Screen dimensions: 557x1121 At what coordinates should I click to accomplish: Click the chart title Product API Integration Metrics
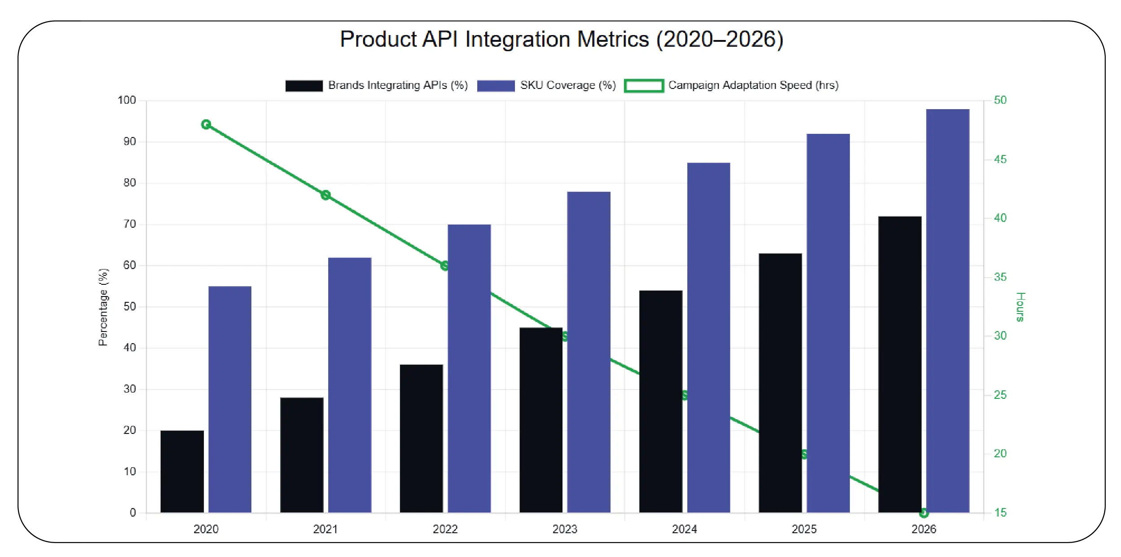pos(561,40)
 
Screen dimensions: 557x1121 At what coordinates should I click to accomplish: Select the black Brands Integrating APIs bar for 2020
pos(182,472)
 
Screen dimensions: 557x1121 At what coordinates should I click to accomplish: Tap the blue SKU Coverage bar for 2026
pos(947,310)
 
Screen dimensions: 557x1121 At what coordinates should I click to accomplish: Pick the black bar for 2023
pos(541,420)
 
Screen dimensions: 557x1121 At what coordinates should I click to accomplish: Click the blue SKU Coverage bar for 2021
pos(349,385)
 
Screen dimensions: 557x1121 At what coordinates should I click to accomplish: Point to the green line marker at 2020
pos(206,124)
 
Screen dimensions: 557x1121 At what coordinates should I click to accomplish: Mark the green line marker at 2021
pos(325,195)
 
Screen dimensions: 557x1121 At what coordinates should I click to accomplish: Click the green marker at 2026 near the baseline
pos(923,513)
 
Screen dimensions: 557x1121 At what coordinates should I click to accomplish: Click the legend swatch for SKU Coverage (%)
pos(496,86)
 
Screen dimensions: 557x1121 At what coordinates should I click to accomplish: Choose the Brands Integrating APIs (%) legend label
pos(398,85)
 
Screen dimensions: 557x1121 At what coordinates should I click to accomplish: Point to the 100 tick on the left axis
pos(127,100)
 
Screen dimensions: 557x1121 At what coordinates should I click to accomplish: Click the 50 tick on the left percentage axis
pos(129,306)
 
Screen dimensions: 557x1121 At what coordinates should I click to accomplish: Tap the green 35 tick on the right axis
pos(1000,277)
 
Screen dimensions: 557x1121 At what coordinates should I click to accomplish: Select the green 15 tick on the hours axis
pos(1000,513)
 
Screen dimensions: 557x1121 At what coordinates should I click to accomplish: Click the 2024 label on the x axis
pos(684,529)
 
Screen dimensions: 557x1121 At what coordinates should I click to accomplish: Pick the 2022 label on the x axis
pos(445,529)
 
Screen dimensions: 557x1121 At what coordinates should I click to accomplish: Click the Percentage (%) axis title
pos(103,307)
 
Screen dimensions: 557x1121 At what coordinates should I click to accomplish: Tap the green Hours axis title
pos(1020,307)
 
